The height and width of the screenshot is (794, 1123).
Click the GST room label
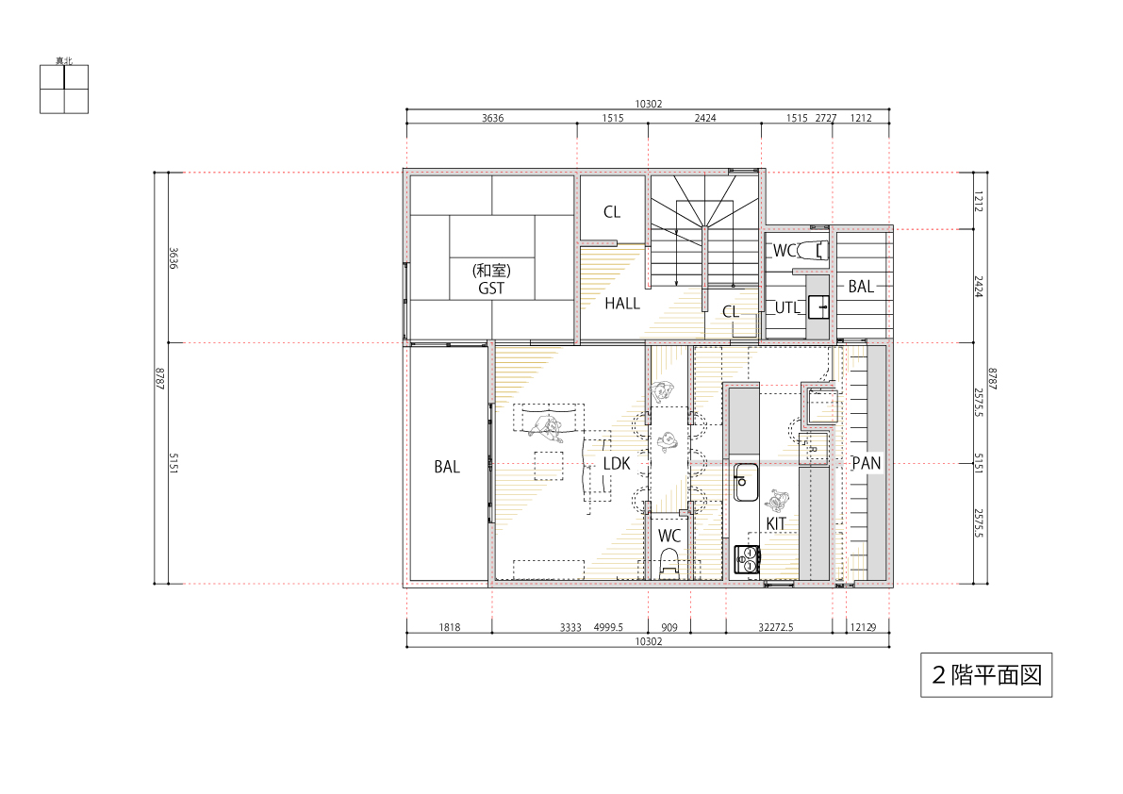click(x=491, y=288)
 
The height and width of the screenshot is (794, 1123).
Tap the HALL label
click(x=622, y=304)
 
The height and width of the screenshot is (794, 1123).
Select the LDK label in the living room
click(x=617, y=464)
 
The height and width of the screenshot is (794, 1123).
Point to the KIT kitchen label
click(x=776, y=523)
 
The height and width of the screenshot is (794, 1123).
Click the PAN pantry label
click(x=866, y=463)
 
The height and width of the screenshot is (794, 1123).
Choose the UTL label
click(x=786, y=307)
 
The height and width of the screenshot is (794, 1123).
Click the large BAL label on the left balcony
click(x=447, y=467)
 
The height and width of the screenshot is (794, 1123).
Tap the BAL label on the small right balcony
click(x=861, y=287)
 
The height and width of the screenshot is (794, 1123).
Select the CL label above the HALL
click(x=612, y=212)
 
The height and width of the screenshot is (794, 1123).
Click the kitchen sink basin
click(x=746, y=483)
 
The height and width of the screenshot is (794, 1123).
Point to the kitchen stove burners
click(x=746, y=559)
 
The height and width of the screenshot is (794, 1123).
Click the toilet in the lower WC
click(x=669, y=564)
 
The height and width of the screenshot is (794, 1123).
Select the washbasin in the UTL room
click(x=817, y=307)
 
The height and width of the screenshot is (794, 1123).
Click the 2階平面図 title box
click(x=986, y=675)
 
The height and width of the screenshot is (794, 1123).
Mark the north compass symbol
click(x=64, y=89)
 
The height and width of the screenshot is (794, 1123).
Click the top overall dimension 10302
click(x=648, y=104)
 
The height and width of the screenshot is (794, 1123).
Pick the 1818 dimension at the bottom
click(x=450, y=627)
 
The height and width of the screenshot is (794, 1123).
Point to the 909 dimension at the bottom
click(x=669, y=627)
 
